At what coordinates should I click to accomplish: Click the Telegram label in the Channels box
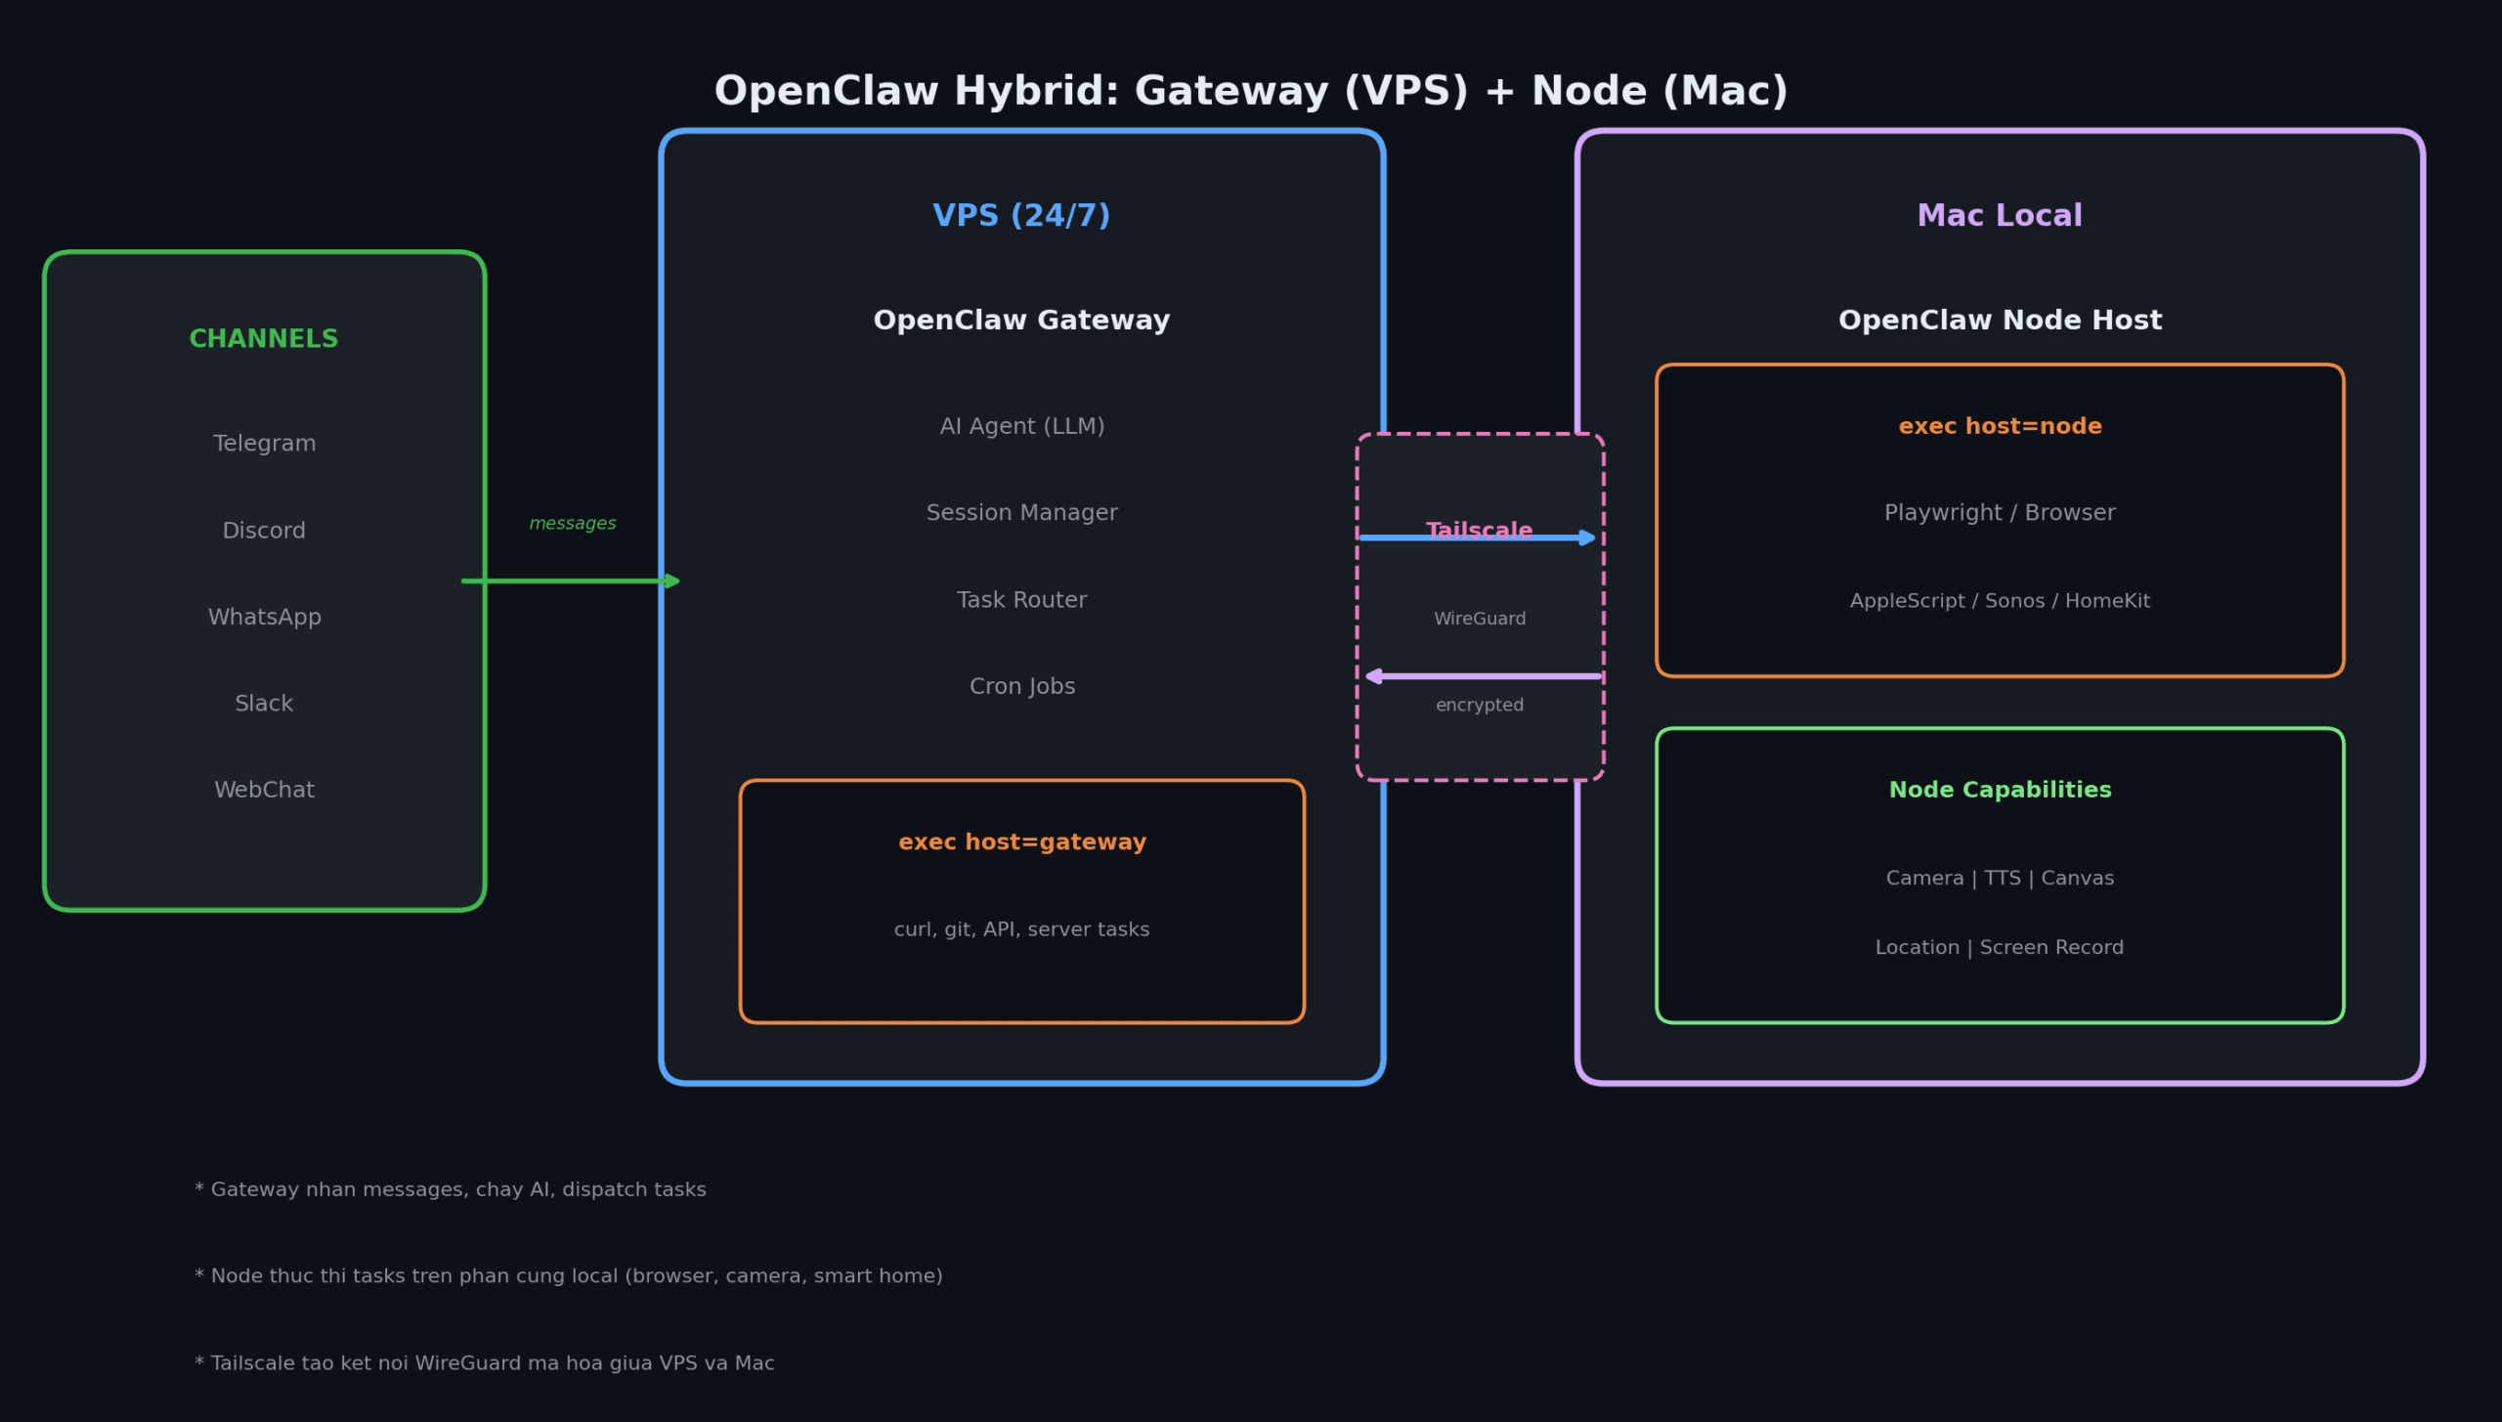[264, 444]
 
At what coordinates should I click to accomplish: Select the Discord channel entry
[264, 531]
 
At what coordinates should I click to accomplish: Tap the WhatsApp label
[264, 617]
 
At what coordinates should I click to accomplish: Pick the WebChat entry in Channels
[264, 790]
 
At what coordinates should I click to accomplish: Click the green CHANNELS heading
[264, 339]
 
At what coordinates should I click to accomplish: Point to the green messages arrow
[571, 582]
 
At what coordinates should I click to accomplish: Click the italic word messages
[573, 524]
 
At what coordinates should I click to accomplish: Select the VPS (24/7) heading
[1021, 216]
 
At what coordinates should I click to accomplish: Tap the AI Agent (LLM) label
[1021, 426]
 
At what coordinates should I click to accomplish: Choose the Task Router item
[1021, 600]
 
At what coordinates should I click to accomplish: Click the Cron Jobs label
[1021, 686]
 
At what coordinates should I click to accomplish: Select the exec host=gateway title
[1021, 842]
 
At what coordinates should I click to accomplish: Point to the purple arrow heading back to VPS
[1482, 676]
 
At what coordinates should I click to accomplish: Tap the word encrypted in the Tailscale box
[1479, 706]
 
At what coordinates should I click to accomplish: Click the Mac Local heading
[1999, 216]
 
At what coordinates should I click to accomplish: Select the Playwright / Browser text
[1999, 513]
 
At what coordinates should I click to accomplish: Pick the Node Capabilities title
[1999, 790]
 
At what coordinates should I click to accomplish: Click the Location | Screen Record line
[1999, 948]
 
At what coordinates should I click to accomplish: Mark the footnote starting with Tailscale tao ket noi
[485, 1363]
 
